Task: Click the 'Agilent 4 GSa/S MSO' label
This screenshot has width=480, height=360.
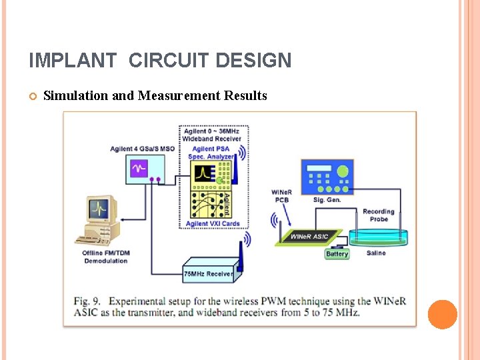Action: [142, 149]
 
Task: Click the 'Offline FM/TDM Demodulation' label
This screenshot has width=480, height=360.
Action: [105, 257]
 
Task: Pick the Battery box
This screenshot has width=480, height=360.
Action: [337, 254]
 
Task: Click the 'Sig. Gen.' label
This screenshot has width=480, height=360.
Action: [326, 199]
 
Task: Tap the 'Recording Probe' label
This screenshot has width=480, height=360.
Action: [379, 215]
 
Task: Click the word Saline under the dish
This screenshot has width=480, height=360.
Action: [376, 253]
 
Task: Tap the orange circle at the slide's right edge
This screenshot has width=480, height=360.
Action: [442, 315]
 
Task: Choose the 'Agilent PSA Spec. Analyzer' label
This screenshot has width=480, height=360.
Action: [212, 152]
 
